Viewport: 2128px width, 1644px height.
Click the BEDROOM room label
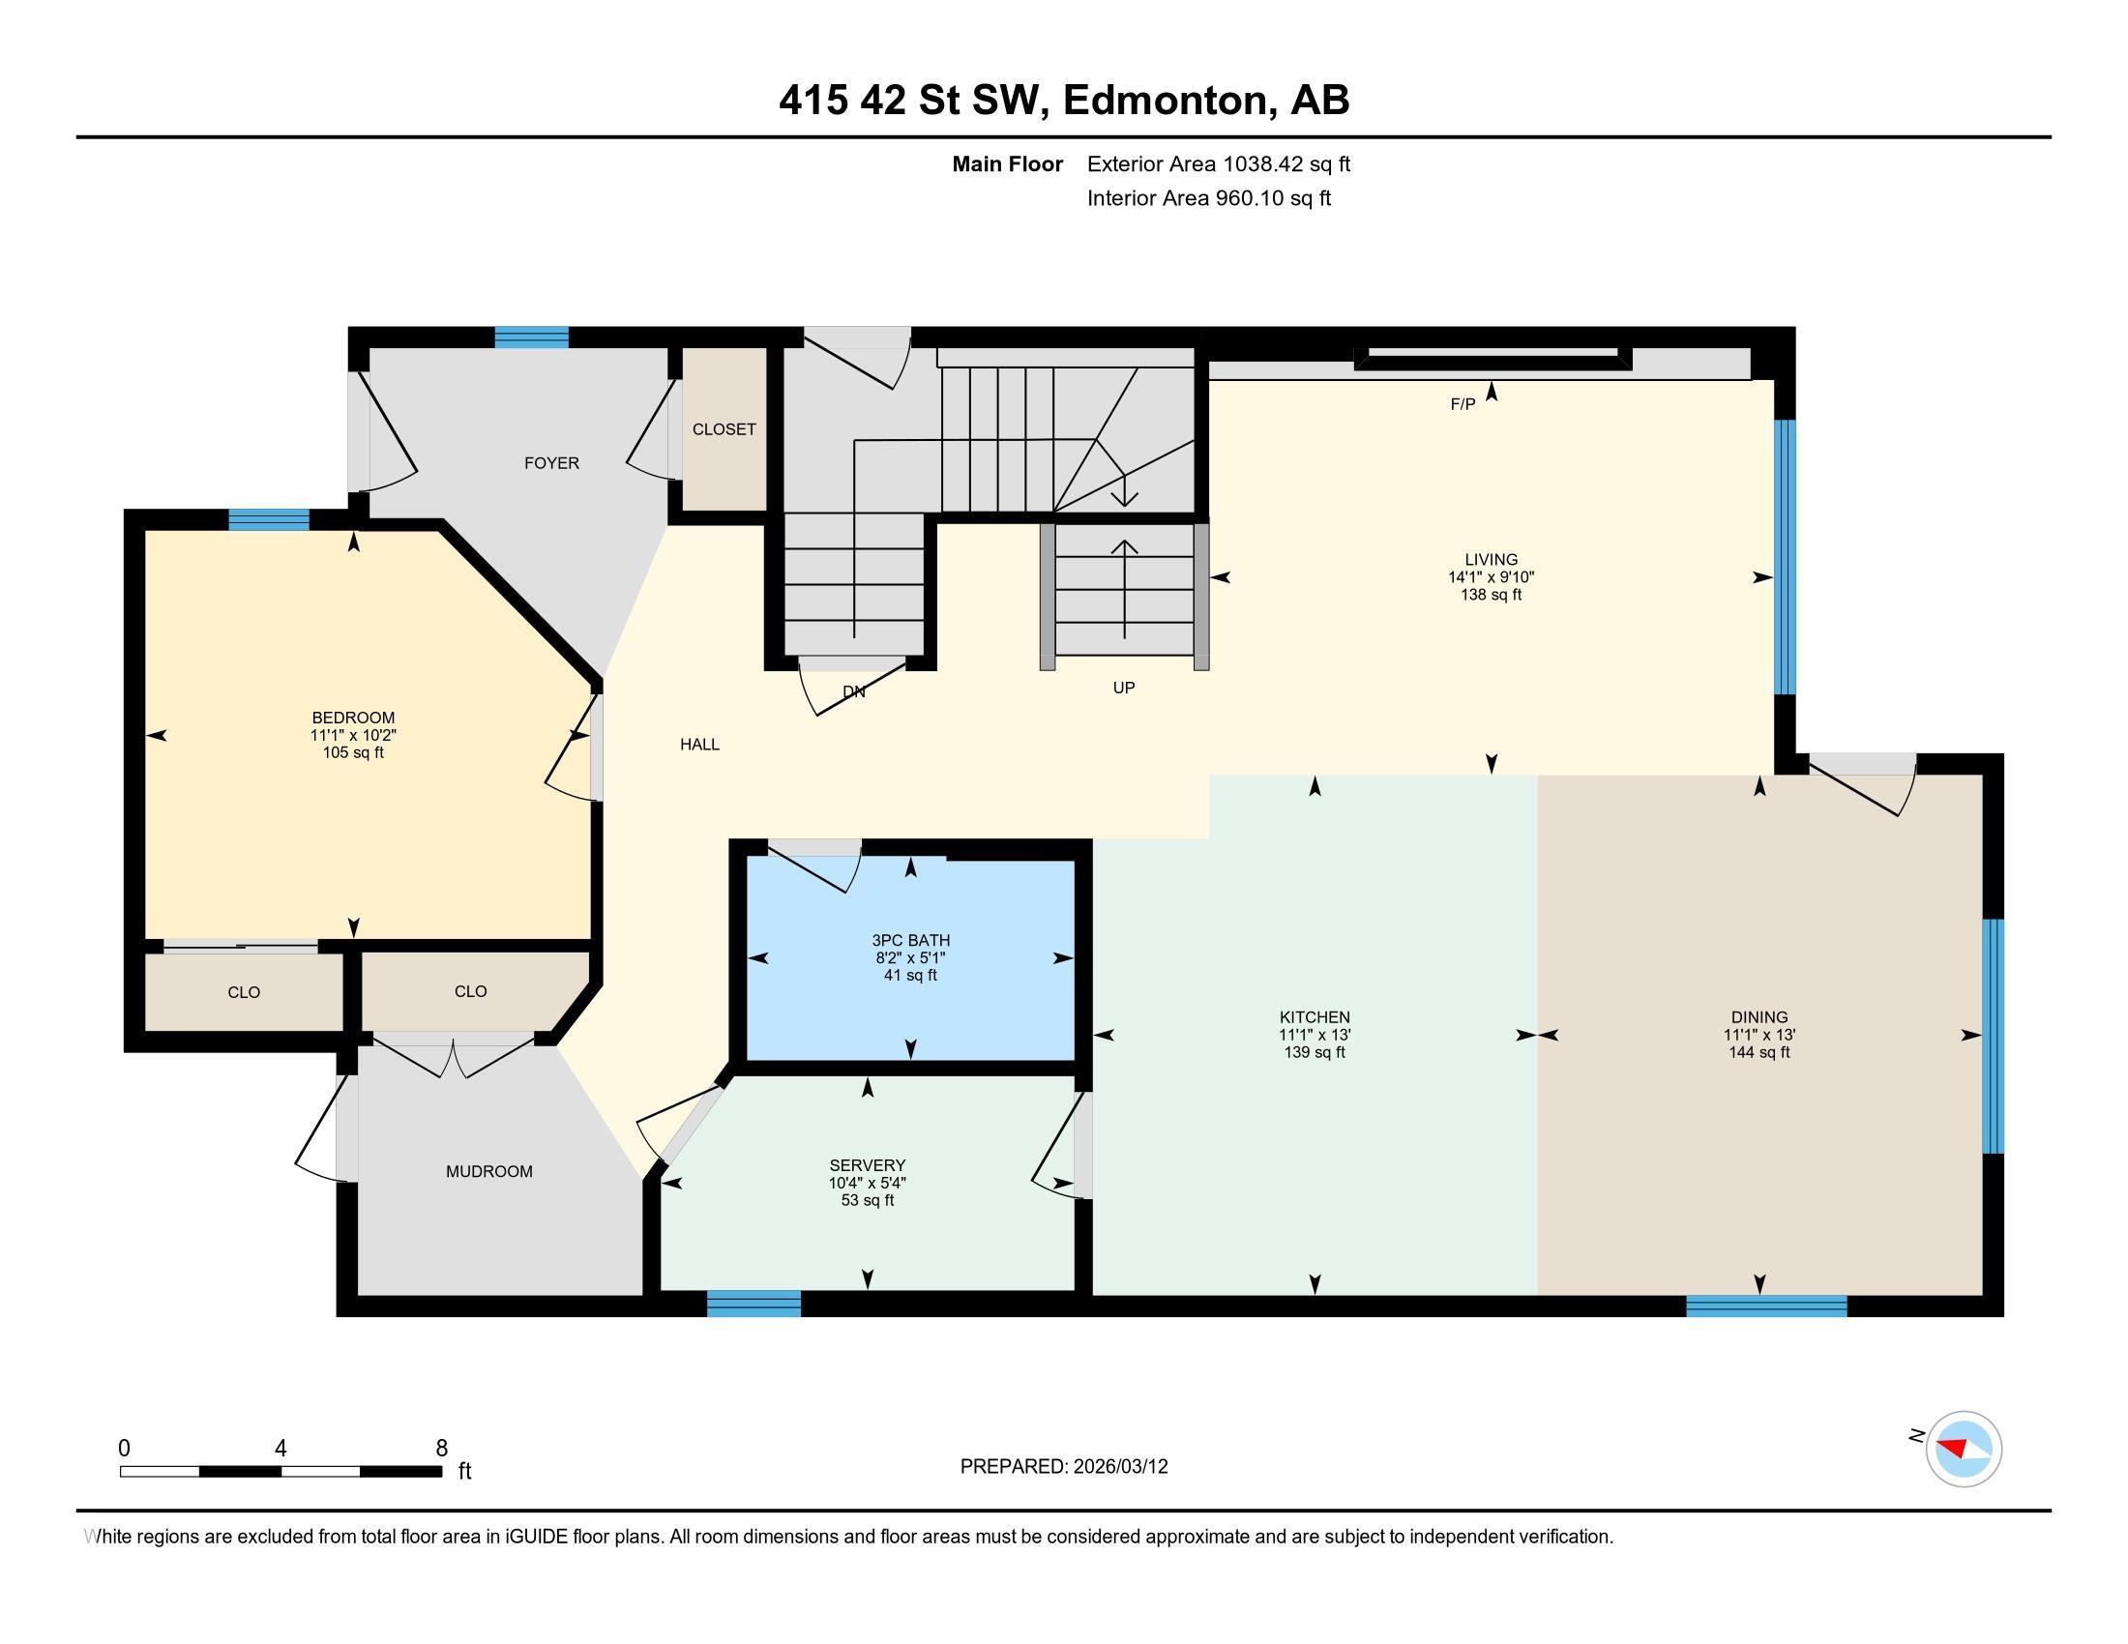pos(353,718)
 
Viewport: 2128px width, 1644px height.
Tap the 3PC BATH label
pos(910,940)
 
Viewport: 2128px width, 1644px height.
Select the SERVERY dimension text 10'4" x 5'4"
pos(868,1183)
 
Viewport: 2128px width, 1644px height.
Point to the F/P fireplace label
pos(1462,404)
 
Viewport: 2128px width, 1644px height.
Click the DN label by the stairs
pos(853,691)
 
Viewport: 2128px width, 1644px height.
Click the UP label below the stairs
pos(1123,688)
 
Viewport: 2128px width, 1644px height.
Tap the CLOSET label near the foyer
pos(724,429)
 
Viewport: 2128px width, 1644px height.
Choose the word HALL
pos(699,744)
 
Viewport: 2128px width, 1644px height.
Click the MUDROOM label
pos(489,1172)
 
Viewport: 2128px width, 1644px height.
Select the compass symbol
pos(1964,1449)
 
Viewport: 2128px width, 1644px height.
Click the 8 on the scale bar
pos(441,1449)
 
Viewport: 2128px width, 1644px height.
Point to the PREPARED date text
pos(1063,1467)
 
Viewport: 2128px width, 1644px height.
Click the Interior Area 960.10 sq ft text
pos(1208,198)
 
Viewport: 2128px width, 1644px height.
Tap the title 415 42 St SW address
pos(1063,101)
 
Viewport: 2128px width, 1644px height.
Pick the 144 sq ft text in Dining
pos(1759,1052)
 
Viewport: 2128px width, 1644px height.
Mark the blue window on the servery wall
pos(754,1304)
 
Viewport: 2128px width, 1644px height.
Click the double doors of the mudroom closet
pos(454,1058)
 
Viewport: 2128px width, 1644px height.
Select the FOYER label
pos(551,463)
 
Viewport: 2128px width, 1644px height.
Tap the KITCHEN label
pos(1315,1016)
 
